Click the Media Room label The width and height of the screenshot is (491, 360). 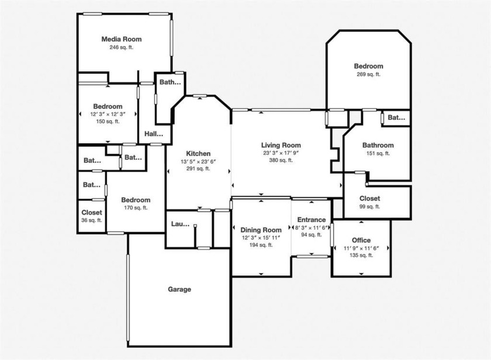(122, 39)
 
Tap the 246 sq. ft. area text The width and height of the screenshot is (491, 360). (122, 47)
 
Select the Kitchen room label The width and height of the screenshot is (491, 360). (198, 153)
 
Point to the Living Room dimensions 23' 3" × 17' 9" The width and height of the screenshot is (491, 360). (281, 153)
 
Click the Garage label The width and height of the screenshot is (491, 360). (179, 289)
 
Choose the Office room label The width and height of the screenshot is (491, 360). (361, 240)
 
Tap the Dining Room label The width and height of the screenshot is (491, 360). (261, 230)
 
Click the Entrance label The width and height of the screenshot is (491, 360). (311, 220)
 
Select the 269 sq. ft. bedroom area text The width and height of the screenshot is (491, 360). (369, 74)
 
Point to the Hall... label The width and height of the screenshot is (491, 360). (154, 134)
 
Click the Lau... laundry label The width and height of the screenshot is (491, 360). (181, 224)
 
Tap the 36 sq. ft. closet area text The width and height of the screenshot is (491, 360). (92, 220)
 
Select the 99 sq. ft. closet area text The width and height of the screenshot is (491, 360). (370, 207)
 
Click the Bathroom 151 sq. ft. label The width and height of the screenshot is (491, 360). (378, 146)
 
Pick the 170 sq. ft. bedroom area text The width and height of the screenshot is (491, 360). (136, 208)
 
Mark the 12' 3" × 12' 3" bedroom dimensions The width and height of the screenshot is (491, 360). (108, 115)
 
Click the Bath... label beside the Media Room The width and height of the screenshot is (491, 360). (170, 82)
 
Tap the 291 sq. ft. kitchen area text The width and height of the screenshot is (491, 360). (198, 169)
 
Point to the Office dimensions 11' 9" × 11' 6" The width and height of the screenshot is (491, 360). (361, 248)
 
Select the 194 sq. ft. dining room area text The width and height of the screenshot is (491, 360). (261, 245)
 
